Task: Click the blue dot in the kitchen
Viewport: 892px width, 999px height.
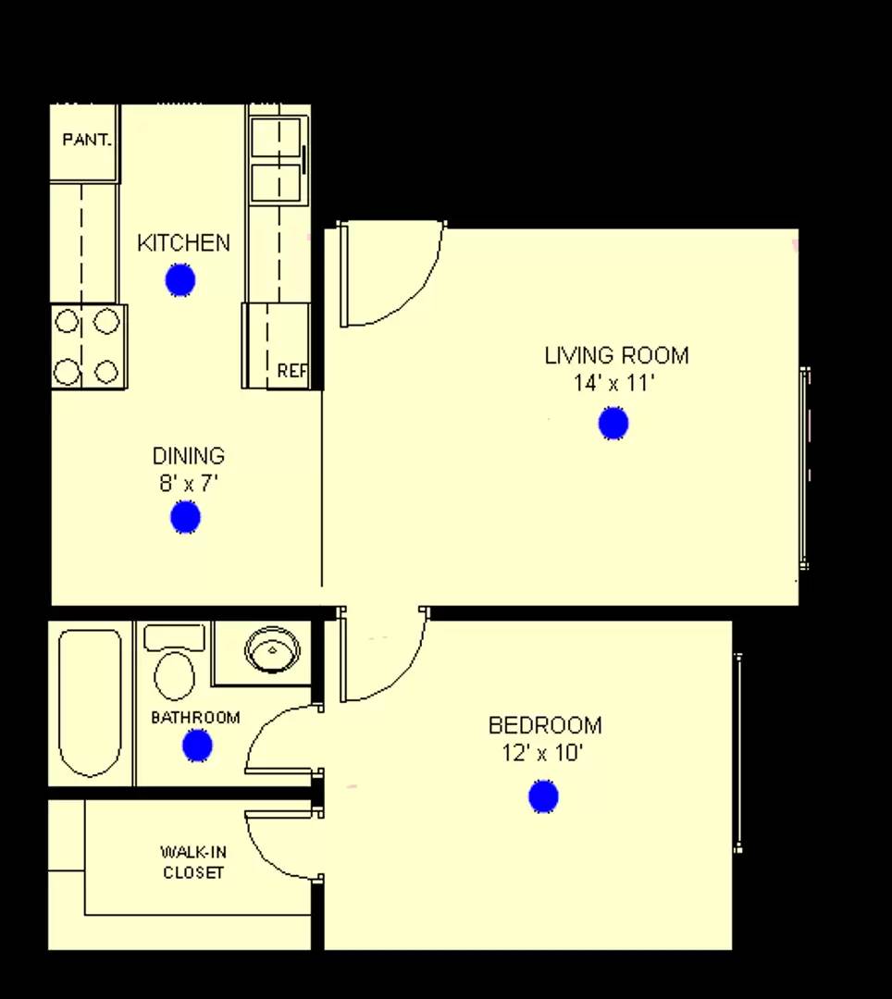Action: (180, 279)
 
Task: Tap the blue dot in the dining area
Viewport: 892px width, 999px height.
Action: (185, 517)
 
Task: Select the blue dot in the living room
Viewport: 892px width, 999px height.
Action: (613, 424)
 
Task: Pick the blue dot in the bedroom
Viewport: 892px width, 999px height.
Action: (543, 796)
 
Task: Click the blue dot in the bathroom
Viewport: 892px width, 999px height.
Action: (197, 745)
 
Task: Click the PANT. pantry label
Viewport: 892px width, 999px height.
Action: (87, 141)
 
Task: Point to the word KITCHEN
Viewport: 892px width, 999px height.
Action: (183, 243)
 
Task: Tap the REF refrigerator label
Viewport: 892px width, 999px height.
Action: (292, 371)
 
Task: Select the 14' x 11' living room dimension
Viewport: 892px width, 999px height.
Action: (614, 383)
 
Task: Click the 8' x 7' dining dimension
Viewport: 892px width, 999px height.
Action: (189, 483)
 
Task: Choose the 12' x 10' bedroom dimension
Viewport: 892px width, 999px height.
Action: (542, 753)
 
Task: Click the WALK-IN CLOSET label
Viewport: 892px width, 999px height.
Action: (193, 862)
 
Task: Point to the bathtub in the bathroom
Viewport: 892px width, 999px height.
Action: (90, 703)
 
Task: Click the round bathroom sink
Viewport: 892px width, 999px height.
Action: (272, 648)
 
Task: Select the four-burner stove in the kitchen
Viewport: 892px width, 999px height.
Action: (87, 347)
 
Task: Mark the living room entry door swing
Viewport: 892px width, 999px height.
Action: (389, 277)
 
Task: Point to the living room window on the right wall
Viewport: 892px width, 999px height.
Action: (805, 468)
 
